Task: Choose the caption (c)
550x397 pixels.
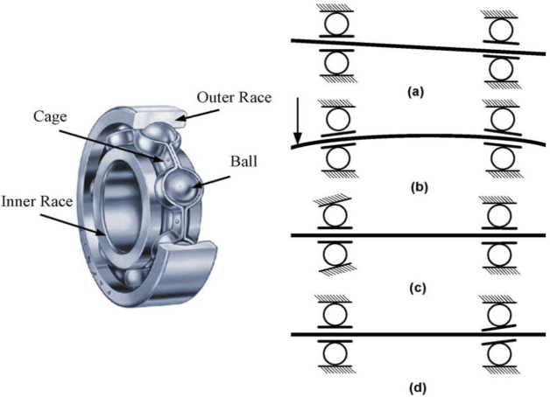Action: [x=416, y=285]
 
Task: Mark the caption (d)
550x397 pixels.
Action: [x=416, y=383]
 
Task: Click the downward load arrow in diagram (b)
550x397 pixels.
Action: [x=299, y=122]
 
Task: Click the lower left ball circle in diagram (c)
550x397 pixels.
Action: [x=335, y=256]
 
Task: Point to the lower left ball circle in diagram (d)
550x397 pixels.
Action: [x=335, y=354]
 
